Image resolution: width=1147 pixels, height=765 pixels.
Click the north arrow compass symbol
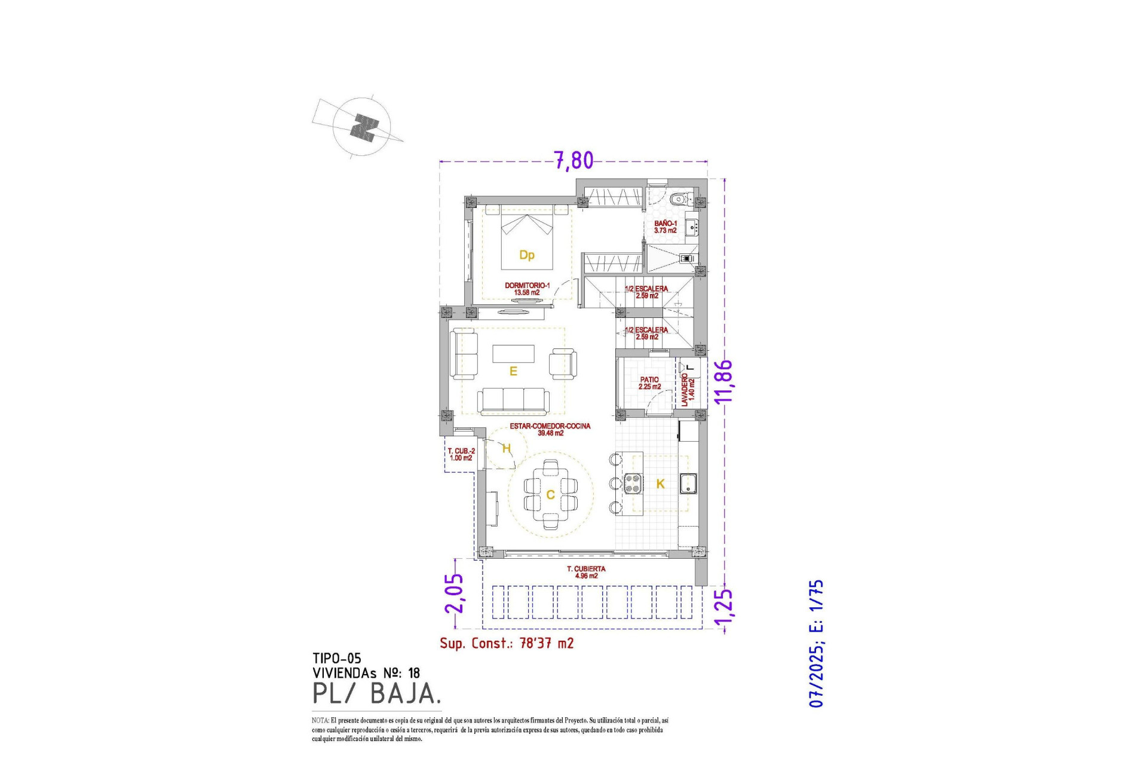point(362,127)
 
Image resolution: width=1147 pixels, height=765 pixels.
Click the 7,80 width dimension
point(573,160)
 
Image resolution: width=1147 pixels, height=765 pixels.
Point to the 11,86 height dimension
point(723,382)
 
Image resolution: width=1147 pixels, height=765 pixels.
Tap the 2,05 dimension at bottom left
point(454,593)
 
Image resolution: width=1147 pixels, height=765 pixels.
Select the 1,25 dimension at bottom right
point(723,610)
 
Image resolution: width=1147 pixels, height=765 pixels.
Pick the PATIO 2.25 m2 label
point(649,383)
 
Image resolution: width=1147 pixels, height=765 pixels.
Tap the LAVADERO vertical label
point(688,389)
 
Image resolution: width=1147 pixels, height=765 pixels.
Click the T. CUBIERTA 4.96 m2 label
point(586,572)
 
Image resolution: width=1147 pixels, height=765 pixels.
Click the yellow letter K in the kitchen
point(660,484)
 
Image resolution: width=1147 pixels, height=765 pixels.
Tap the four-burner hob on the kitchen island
point(633,483)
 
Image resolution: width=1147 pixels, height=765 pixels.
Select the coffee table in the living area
point(513,353)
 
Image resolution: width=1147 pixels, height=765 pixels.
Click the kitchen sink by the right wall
point(688,483)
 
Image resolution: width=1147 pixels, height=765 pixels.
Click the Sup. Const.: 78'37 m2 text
point(507,643)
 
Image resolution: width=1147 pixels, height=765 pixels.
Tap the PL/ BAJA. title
point(377,693)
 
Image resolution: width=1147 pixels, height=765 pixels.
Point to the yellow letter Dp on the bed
point(526,255)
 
